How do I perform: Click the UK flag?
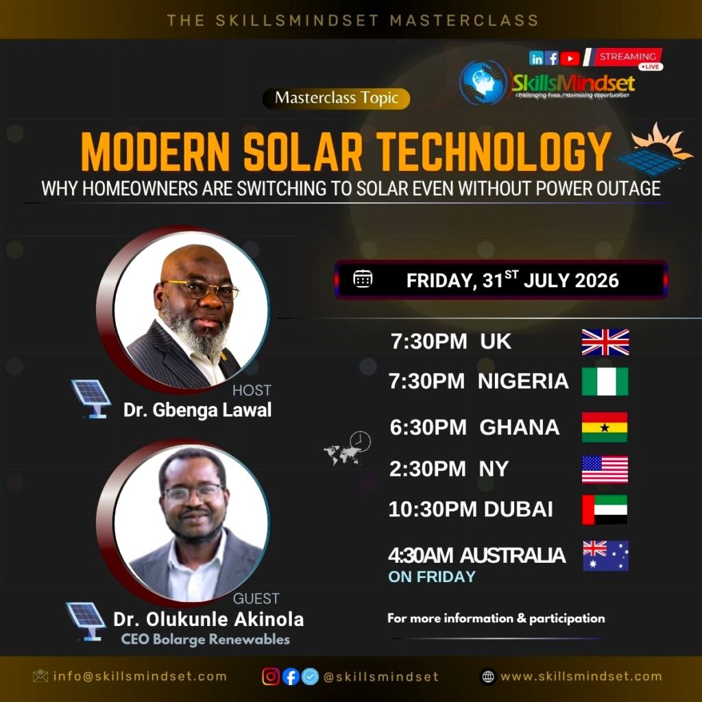click(x=605, y=342)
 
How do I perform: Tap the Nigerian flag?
click(x=605, y=381)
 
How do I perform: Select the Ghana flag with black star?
click(x=605, y=427)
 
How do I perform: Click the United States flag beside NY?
click(x=605, y=470)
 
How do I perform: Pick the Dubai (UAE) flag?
click(x=605, y=509)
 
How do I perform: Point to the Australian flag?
click(x=606, y=555)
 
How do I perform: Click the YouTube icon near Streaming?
click(x=570, y=58)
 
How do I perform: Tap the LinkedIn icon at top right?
click(x=536, y=58)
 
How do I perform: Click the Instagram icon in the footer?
click(x=271, y=677)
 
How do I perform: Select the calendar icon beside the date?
click(x=363, y=278)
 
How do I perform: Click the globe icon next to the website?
click(x=488, y=677)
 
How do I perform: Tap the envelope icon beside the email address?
click(x=40, y=676)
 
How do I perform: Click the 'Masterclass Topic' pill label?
click(x=336, y=99)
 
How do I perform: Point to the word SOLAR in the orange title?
click(x=302, y=152)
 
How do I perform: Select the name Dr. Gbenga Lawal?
click(x=197, y=410)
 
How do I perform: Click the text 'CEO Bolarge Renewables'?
click(x=205, y=640)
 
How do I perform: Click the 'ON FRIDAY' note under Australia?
click(x=432, y=577)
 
